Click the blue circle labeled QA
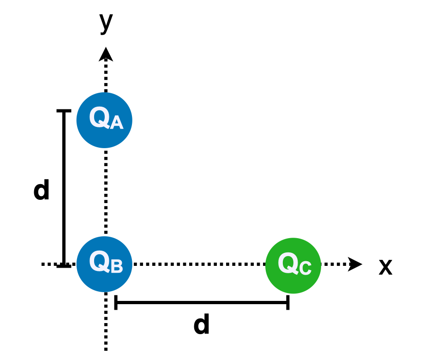point(104,120)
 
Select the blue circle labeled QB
point(104,264)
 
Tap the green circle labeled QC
point(293,265)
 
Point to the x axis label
point(385,267)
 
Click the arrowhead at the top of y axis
point(106,54)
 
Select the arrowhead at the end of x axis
point(355,264)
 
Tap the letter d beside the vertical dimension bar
point(42,190)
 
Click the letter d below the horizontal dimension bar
point(202,325)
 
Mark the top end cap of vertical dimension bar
point(64,111)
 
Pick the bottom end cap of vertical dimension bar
point(64,266)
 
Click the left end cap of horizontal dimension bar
point(116,302)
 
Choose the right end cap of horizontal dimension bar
point(288,302)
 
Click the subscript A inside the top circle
point(117,123)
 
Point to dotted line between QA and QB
point(106,192)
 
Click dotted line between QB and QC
point(198,264)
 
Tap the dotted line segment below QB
point(106,323)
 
